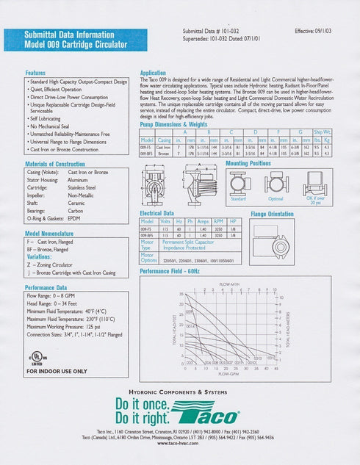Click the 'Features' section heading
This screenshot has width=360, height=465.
tap(35, 73)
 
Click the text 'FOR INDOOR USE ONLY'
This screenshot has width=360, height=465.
tap(57, 371)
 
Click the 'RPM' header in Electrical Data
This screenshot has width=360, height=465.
tap(218, 220)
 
